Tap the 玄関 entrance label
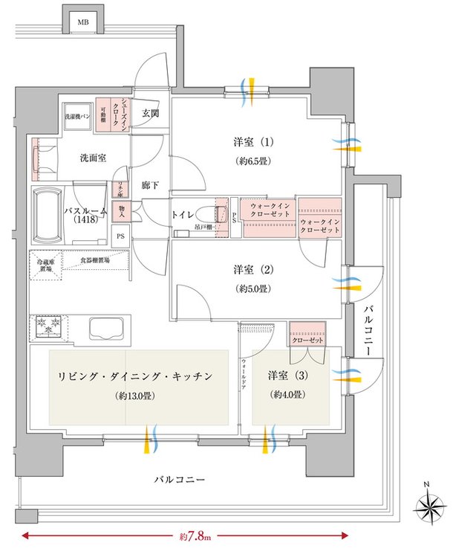[151, 114]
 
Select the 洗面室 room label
[94, 158]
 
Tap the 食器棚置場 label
[95, 261]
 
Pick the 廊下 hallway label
[151, 186]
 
